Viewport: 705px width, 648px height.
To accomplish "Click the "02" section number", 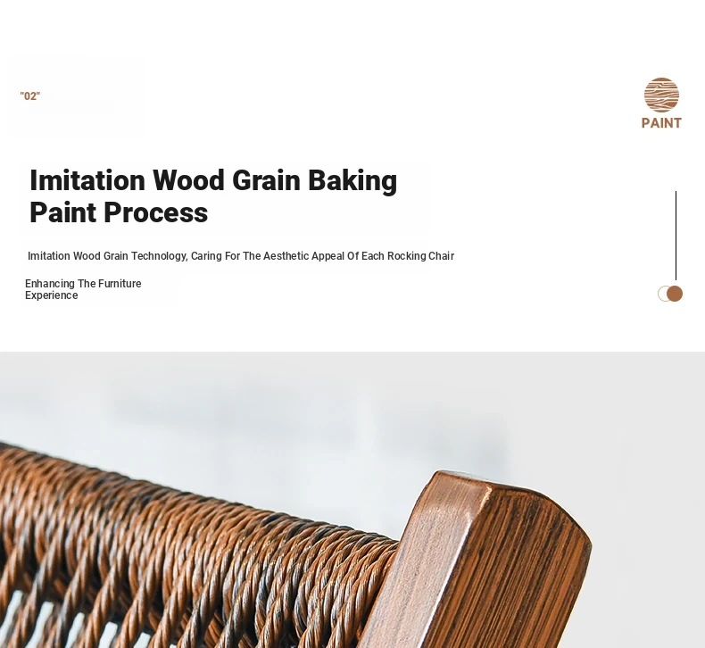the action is click(x=30, y=96).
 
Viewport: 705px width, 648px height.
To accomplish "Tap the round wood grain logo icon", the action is click(x=661, y=95).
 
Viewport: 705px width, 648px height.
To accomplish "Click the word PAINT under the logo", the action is click(x=661, y=123).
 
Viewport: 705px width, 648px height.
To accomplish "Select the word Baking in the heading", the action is click(x=352, y=181).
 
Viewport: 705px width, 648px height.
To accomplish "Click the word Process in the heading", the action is click(x=155, y=212).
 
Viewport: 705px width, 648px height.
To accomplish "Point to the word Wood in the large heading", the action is click(x=188, y=180).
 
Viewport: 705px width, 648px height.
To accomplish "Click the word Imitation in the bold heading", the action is click(x=87, y=180).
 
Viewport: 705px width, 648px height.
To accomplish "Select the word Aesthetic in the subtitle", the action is click(x=286, y=256).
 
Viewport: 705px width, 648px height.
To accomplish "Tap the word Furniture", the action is click(x=120, y=284).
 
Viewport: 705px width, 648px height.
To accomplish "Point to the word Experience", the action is click(x=52, y=295).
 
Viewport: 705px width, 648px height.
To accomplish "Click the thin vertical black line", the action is click(x=676, y=236).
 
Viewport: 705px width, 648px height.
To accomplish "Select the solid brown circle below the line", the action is click(x=675, y=294).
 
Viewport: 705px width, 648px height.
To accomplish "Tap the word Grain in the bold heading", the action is click(x=266, y=180).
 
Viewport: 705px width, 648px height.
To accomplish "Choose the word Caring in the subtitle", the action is click(x=206, y=256).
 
